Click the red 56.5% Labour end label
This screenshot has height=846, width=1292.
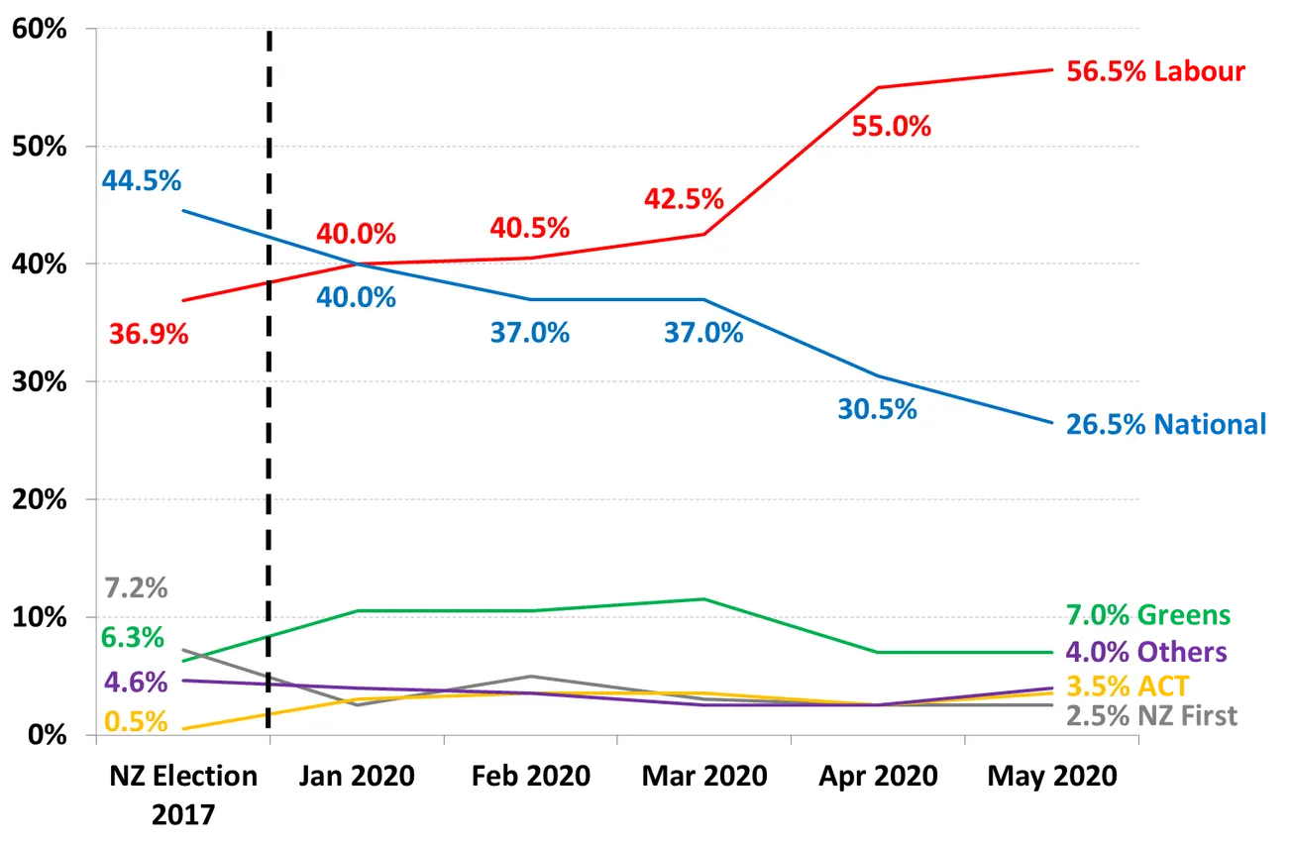click(1155, 71)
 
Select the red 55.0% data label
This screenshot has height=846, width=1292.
click(892, 127)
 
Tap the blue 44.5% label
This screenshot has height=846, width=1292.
click(142, 181)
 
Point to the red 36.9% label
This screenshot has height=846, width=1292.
click(149, 334)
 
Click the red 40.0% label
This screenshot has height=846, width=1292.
click(356, 235)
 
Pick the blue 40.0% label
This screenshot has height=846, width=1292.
click(356, 297)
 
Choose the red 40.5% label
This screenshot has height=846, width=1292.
click(530, 228)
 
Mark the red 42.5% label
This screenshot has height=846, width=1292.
click(684, 199)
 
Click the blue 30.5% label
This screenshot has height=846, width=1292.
click(877, 409)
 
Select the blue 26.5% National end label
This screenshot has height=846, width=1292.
click(1166, 424)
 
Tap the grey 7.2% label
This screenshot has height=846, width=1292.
click(137, 588)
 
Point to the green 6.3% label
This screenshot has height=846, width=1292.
click(133, 638)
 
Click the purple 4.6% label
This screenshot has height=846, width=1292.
click(137, 683)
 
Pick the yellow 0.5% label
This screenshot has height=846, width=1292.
click(136, 721)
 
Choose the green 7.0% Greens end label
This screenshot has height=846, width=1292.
click(1150, 615)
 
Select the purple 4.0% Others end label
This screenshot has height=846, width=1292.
click(1147, 652)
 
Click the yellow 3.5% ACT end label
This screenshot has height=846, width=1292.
click(1128, 686)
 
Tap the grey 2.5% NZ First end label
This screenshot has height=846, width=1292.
click(1153, 715)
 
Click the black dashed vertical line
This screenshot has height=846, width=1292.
click(269, 446)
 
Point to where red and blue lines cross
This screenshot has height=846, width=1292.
click(356, 264)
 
